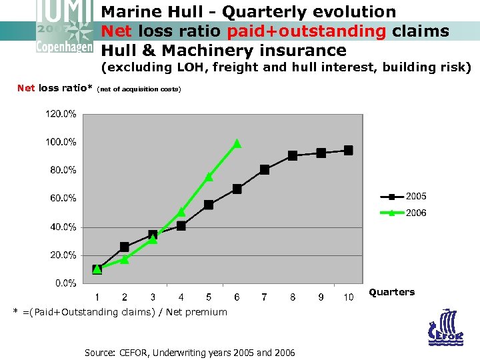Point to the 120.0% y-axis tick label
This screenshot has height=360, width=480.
tap(61, 113)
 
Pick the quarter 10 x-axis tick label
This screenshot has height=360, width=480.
tap(348, 297)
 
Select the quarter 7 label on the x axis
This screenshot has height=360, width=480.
tap(265, 297)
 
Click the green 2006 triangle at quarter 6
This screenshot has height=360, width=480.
tap(237, 143)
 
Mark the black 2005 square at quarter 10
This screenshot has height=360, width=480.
tap(348, 151)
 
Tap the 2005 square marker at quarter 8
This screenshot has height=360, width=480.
tap(293, 155)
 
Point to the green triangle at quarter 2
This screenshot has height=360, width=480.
tap(125, 259)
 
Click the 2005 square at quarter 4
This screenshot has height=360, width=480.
tap(181, 226)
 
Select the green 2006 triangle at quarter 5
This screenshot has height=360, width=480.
tap(209, 177)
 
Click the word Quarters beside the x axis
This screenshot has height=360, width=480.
tap(391, 292)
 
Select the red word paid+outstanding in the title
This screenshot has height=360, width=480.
tap(306, 31)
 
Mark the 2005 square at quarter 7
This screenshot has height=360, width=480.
tap(265, 170)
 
